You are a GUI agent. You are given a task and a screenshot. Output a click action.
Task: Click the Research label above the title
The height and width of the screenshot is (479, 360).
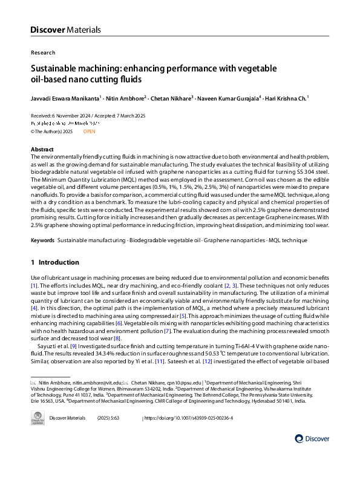[x=42, y=53]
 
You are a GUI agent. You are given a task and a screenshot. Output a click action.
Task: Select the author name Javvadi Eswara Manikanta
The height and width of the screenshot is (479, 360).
[x=65, y=97]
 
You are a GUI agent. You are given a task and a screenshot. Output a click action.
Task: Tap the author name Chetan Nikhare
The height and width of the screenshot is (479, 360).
[x=171, y=97]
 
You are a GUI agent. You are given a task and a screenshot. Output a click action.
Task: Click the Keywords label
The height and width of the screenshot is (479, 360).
[x=43, y=240]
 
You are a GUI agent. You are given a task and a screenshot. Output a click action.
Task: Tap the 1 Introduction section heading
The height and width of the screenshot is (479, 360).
[x=54, y=262]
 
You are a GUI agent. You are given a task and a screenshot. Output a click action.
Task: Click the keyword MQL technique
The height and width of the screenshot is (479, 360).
[x=287, y=240]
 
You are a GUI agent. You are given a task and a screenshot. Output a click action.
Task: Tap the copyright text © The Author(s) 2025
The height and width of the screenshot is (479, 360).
[x=52, y=131]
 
